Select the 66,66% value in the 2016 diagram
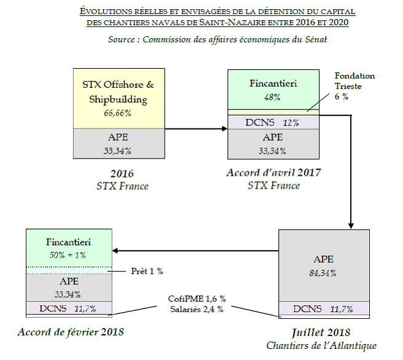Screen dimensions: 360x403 pos(119,114)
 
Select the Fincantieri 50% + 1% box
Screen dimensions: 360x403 pos(69,247)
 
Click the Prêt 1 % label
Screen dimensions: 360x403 pos(148,271)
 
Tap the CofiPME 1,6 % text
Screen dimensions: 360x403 pos(196,299)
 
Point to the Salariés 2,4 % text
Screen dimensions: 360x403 pos(196,309)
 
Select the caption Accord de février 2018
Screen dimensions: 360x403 pos(71,332)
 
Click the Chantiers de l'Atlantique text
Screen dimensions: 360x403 pos(321,345)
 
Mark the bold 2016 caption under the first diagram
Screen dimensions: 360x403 pos(119,173)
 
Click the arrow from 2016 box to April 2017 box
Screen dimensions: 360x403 pos(196,129)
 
